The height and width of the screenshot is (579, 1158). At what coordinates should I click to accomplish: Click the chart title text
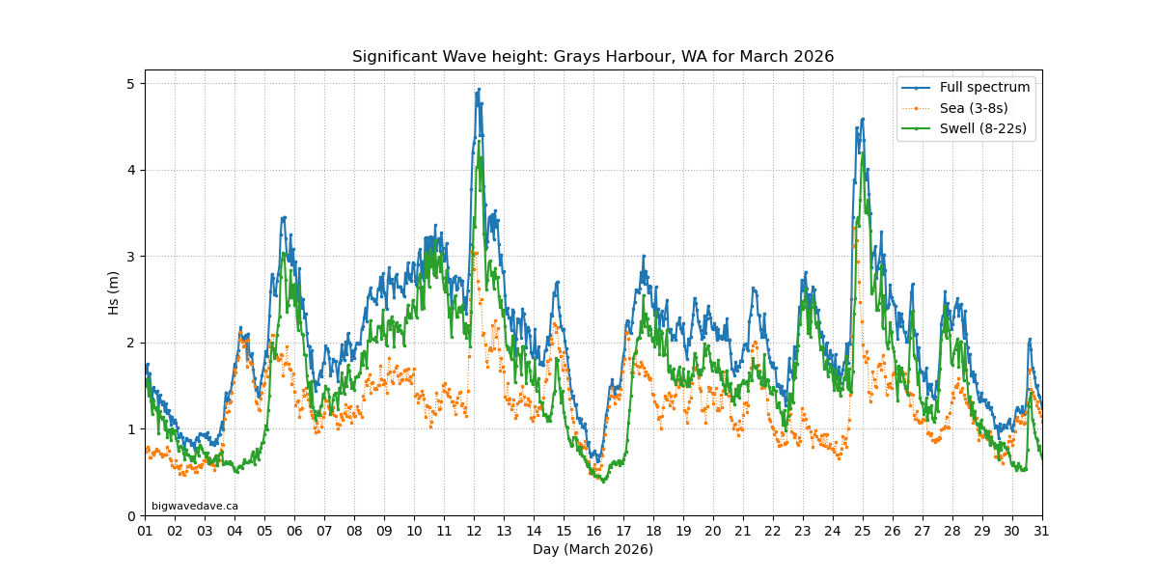[593, 57]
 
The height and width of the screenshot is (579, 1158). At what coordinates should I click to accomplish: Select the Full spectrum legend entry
[984, 87]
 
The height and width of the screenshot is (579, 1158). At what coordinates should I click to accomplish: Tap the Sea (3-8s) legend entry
[974, 108]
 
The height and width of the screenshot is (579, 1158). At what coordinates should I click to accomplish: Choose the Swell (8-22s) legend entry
[982, 128]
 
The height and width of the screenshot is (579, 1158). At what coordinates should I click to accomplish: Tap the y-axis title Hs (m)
[114, 292]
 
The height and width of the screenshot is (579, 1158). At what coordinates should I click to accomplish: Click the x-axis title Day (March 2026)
[593, 549]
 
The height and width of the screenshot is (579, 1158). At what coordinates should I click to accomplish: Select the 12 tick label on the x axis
[474, 531]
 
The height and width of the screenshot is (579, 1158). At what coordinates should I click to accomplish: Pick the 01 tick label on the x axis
[145, 531]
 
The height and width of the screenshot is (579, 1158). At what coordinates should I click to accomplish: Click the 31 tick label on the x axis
[1042, 531]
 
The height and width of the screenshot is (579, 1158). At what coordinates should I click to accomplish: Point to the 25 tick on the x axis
[863, 531]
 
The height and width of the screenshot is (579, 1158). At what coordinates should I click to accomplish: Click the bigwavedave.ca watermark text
[195, 506]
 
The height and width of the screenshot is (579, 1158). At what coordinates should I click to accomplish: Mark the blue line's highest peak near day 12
[479, 89]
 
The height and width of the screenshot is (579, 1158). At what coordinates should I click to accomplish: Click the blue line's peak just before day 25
[862, 119]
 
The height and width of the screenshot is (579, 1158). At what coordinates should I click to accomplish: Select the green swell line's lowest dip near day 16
[604, 481]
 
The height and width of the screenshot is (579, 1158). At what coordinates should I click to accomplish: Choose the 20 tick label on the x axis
[713, 531]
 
